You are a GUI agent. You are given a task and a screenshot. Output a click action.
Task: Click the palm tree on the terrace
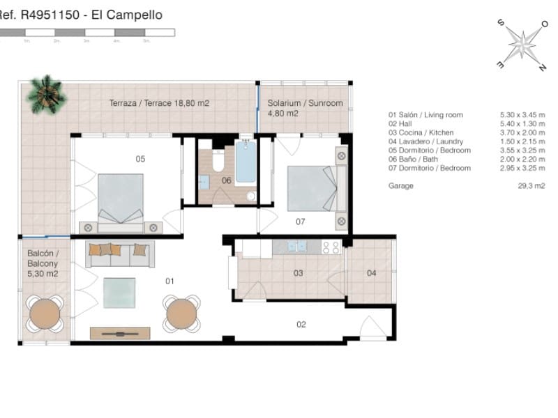(x=46, y=93)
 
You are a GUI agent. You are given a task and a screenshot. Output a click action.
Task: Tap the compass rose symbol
(x=522, y=43)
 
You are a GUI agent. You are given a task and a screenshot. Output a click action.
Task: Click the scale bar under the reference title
(x=87, y=32)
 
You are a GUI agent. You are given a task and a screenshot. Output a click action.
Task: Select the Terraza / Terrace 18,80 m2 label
(x=159, y=103)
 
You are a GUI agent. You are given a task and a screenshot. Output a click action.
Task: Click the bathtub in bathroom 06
(x=246, y=163)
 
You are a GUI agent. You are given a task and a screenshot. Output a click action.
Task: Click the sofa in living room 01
(x=120, y=254)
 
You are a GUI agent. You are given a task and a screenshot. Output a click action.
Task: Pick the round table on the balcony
(x=45, y=314)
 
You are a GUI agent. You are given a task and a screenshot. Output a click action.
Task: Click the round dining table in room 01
(x=182, y=314)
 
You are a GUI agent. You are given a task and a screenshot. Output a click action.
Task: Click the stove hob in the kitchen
(x=331, y=246)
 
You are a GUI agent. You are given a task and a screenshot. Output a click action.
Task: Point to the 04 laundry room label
(x=371, y=273)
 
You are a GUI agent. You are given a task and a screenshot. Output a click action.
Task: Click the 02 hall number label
(x=301, y=324)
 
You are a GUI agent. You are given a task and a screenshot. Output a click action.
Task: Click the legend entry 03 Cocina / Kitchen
(x=421, y=132)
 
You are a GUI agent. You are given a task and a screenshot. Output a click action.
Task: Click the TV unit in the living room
(x=120, y=334)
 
